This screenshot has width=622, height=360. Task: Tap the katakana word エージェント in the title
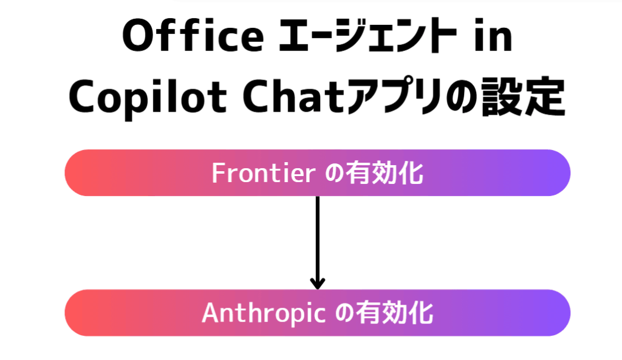pyautogui.click(x=367, y=35)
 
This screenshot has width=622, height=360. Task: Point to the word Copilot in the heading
pyautogui.click(x=148, y=98)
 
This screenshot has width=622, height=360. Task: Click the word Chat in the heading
pyautogui.click(x=293, y=97)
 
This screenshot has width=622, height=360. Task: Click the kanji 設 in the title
pyautogui.click(x=502, y=97)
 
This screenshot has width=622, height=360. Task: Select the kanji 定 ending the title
pyautogui.click(x=544, y=97)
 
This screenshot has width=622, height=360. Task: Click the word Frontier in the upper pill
pyautogui.click(x=264, y=173)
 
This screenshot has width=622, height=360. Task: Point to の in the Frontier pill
pyautogui.click(x=334, y=174)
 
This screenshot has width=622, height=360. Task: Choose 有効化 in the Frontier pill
pyautogui.click(x=384, y=173)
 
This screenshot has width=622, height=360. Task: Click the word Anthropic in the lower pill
pyautogui.click(x=264, y=314)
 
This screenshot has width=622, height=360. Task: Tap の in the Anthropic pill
pyautogui.click(x=344, y=313)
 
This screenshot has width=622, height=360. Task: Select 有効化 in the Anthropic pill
pyautogui.click(x=394, y=313)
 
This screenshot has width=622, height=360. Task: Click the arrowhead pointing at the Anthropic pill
pyautogui.click(x=317, y=284)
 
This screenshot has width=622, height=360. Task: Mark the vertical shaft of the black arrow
pyautogui.click(x=317, y=242)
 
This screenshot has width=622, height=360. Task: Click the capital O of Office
pyautogui.click(x=138, y=35)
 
